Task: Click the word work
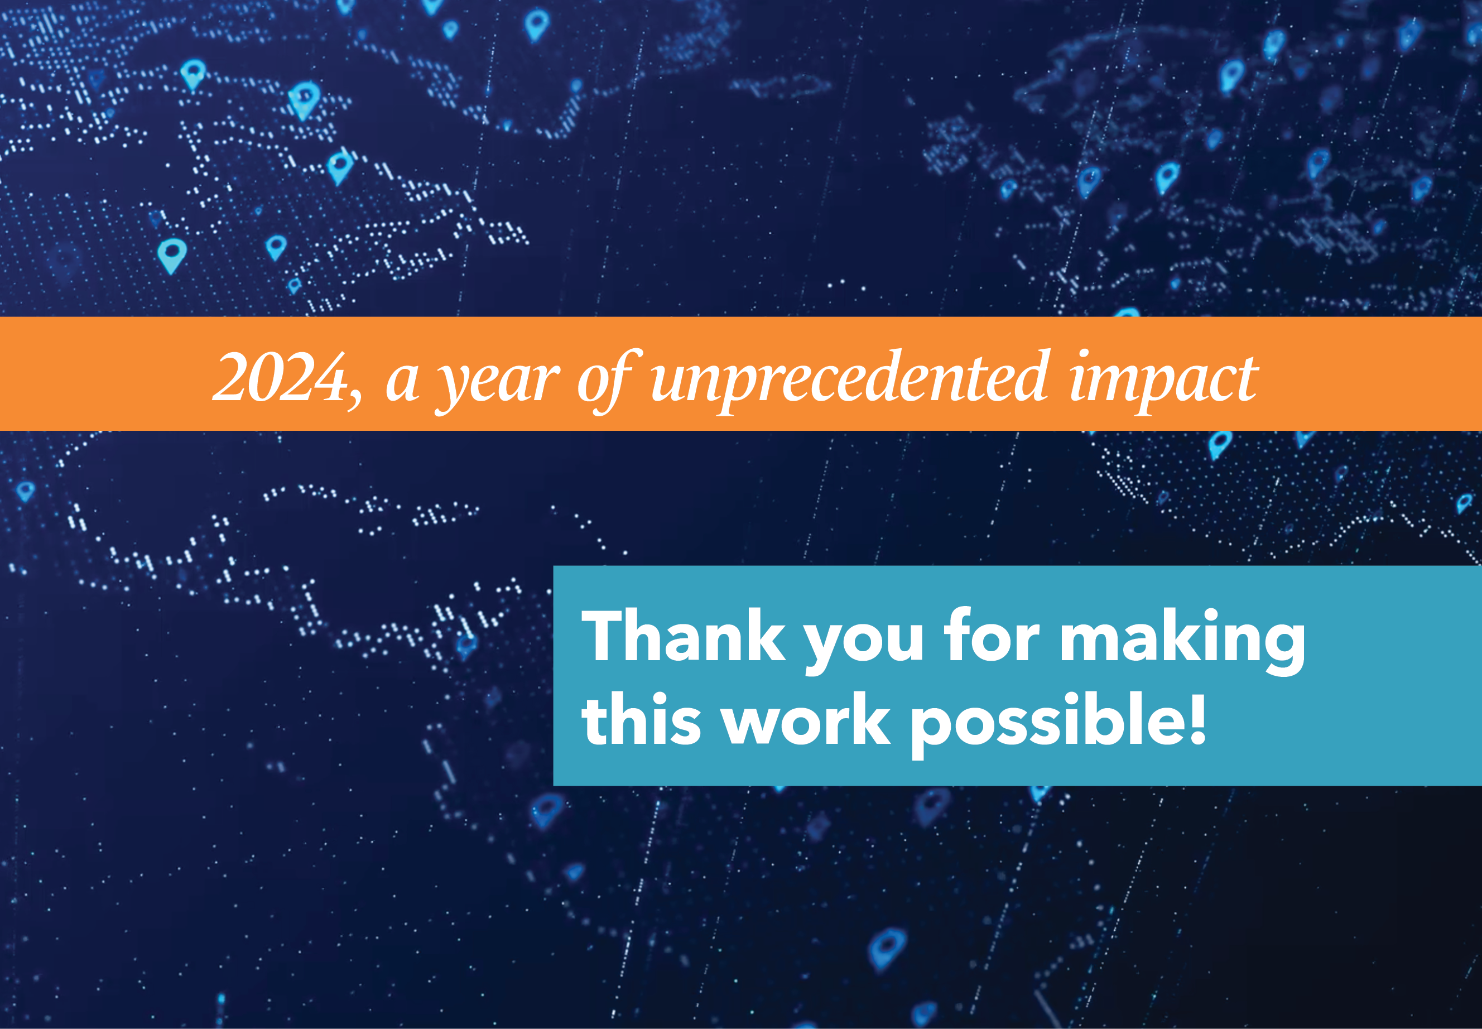(806, 719)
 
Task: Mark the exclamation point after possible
(1196, 718)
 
